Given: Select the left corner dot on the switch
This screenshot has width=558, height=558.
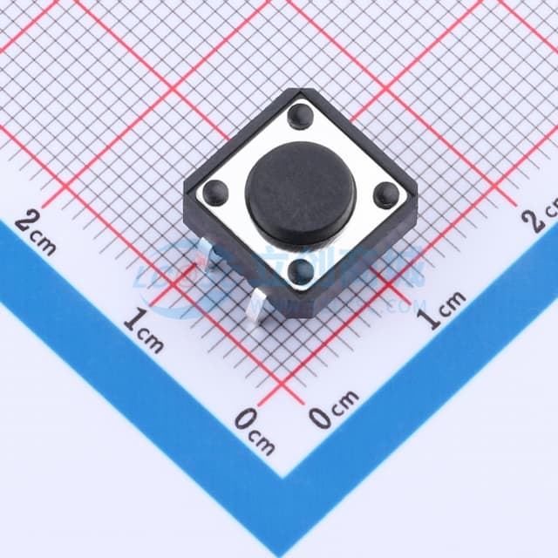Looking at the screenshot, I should click(x=214, y=192).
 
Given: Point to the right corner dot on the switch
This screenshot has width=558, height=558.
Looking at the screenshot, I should click(x=385, y=194).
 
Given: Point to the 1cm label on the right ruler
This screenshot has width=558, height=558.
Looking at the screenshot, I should click(x=441, y=310).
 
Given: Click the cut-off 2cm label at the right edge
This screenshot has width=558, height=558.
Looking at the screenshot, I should click(x=541, y=214).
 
